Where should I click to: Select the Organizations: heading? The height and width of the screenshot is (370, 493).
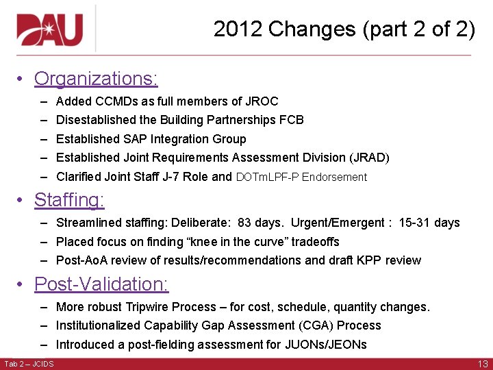96,79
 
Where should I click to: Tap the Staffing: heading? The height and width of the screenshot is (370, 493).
69,200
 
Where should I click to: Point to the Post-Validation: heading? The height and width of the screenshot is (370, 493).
101,284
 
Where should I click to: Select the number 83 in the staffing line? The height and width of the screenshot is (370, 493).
244,223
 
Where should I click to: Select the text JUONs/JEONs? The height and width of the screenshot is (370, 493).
326,345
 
